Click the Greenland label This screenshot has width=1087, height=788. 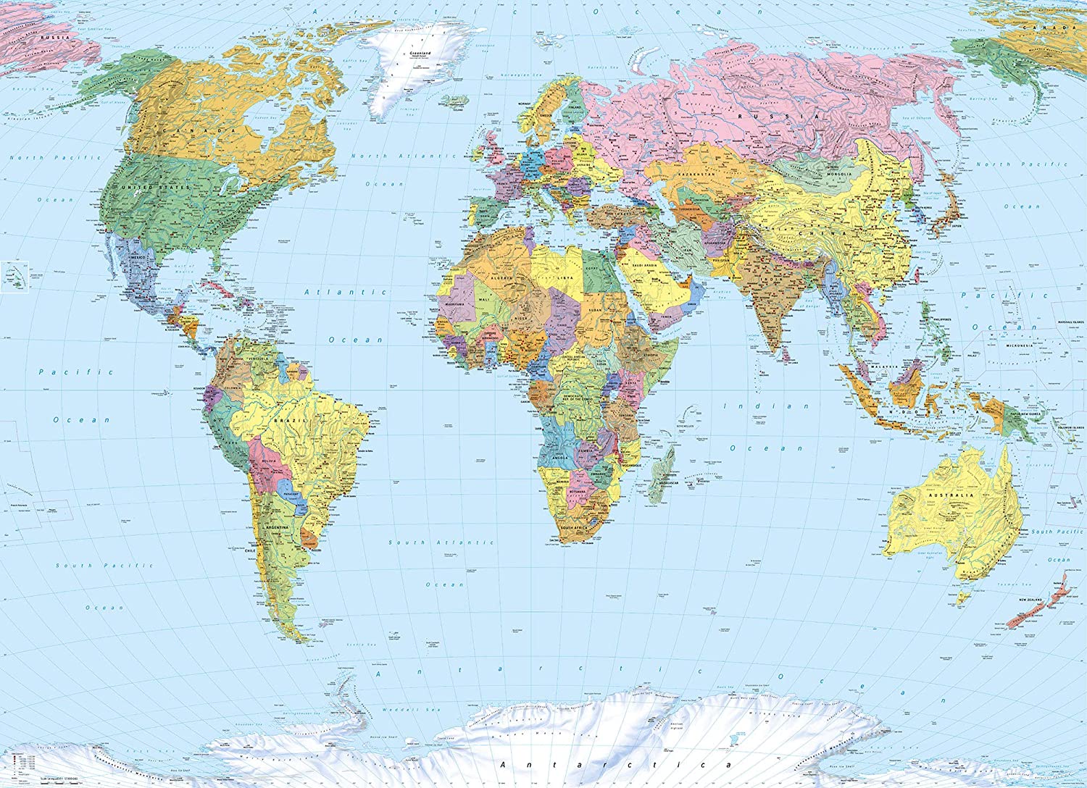(420, 54)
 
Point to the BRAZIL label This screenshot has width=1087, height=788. (291, 420)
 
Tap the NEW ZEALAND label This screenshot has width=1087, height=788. (1030, 600)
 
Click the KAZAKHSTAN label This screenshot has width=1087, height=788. (696, 175)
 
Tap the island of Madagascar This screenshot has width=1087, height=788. (662, 474)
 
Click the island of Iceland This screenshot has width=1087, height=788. (457, 101)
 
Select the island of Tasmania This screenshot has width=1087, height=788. (963, 598)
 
